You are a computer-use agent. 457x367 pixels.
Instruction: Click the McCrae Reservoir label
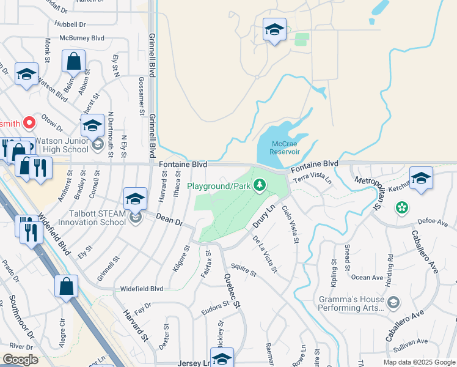285,147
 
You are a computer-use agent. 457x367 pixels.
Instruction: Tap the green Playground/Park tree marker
260,185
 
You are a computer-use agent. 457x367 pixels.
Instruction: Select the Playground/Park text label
219,185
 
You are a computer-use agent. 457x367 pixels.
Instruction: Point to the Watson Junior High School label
61,145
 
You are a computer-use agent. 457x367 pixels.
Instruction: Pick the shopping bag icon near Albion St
73,62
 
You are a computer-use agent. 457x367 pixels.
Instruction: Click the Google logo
20,360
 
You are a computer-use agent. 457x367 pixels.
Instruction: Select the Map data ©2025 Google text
419,362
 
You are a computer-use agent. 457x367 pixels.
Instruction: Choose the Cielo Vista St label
291,224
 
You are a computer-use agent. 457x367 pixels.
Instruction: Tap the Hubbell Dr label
70,24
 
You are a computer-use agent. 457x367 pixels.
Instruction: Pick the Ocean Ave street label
367,278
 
